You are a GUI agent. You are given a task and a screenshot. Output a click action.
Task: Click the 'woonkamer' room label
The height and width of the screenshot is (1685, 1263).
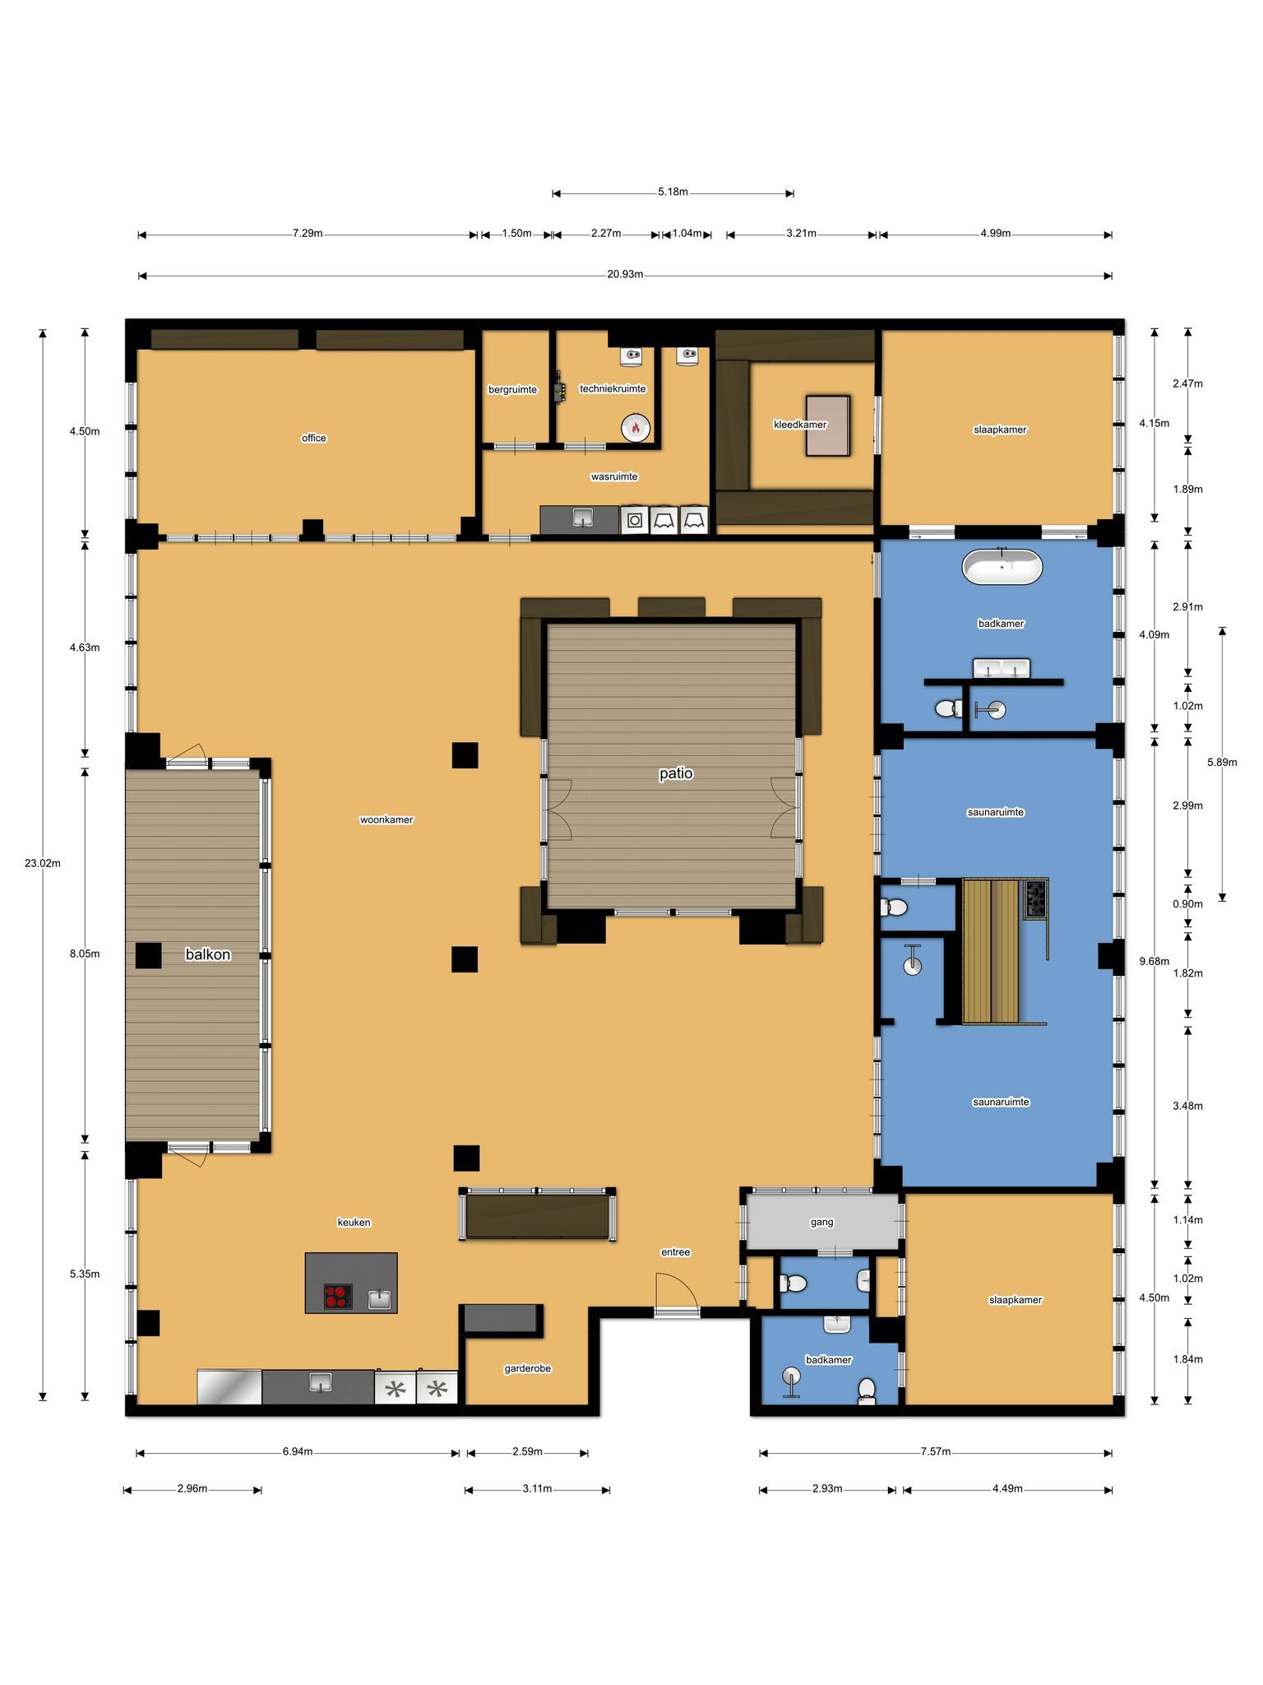click(x=386, y=819)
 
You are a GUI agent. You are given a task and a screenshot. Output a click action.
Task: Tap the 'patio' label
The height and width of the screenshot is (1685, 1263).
click(x=676, y=773)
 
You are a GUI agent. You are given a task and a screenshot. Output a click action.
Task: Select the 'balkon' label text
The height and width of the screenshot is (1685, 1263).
click(x=208, y=954)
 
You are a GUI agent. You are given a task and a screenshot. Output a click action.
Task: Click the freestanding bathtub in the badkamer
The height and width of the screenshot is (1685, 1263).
click(x=1002, y=567)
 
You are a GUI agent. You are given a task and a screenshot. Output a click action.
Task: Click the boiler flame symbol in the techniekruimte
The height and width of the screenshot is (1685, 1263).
click(x=636, y=427)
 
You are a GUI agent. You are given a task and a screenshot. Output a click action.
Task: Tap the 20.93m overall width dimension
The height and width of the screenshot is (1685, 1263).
click(x=625, y=275)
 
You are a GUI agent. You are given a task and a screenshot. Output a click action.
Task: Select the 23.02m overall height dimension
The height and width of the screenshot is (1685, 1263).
click(x=43, y=863)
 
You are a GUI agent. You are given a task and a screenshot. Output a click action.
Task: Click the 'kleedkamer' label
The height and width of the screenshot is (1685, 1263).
click(x=800, y=425)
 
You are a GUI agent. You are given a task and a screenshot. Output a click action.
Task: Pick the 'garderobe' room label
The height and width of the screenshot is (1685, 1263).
click(x=527, y=1368)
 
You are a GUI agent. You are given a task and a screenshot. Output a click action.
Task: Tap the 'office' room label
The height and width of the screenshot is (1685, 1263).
click(x=314, y=438)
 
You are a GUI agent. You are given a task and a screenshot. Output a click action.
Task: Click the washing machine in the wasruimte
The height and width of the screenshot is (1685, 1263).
click(x=635, y=520)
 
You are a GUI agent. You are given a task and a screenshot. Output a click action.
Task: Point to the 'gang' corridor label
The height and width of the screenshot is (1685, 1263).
click(x=822, y=1222)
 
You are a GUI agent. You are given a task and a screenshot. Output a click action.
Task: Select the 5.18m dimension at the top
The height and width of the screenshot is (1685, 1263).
click(x=673, y=193)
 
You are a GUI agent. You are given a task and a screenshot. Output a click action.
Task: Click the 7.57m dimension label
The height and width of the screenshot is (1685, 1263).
click(x=936, y=1451)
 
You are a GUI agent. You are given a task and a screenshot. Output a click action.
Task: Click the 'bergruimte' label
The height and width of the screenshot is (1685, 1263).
click(x=512, y=389)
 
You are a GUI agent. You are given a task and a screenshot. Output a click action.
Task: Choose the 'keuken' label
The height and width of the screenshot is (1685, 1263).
click(x=354, y=1222)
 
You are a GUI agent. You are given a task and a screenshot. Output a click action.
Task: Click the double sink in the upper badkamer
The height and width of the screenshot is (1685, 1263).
click(x=1002, y=669)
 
